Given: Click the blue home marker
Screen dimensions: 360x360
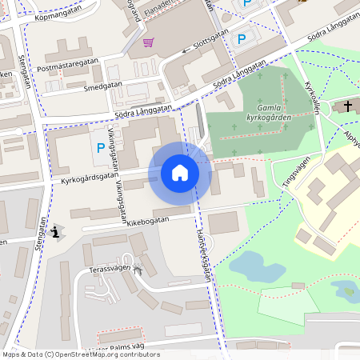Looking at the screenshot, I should coord(180,173).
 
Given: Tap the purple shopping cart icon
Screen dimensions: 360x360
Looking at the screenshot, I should coord(148,42).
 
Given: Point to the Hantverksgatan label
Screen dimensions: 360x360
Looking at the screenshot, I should coord(203,253).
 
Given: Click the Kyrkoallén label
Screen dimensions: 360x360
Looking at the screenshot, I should coord(313,98).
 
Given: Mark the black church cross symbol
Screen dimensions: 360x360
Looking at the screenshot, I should coord(347,106).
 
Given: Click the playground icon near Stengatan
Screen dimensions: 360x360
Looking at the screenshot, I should coord(54,233).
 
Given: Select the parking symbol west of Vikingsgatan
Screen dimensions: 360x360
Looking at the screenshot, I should coord(100,147).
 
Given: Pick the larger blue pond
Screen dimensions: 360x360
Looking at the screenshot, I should coord(250,266).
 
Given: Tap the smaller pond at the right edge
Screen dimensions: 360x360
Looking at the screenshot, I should coord(346,289).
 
